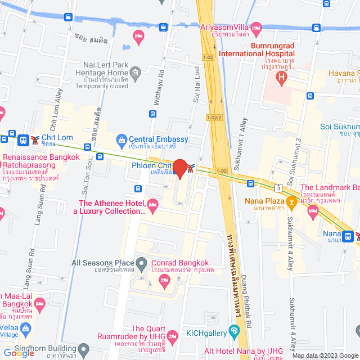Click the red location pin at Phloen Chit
(x=180, y=168)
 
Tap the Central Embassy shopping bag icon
(x=121, y=139)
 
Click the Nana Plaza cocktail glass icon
(x=291, y=201)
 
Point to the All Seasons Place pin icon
(x=142, y=263)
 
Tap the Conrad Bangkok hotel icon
(x=164, y=280)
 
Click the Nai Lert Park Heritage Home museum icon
(x=135, y=73)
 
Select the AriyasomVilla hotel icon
(x=256, y=27)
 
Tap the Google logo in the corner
(x=19, y=353)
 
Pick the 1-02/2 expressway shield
(x=214, y=117)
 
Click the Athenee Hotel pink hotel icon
(x=152, y=207)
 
